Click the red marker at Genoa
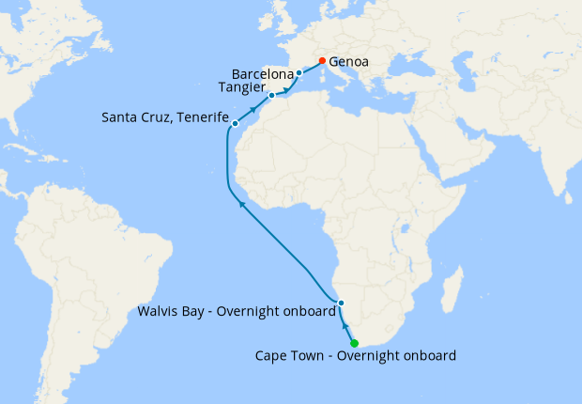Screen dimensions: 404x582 coord(322,62)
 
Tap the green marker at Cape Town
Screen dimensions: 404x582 coord(354,343)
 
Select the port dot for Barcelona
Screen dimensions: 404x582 coord(299,73)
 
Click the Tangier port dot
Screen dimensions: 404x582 coord(271,95)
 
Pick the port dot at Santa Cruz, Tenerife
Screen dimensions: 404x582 coord(234,123)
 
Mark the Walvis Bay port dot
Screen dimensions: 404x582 coord(342,303)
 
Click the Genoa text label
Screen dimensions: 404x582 coord(348,63)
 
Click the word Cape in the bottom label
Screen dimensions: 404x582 coord(271,356)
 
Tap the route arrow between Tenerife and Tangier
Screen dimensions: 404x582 coord(253,109)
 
